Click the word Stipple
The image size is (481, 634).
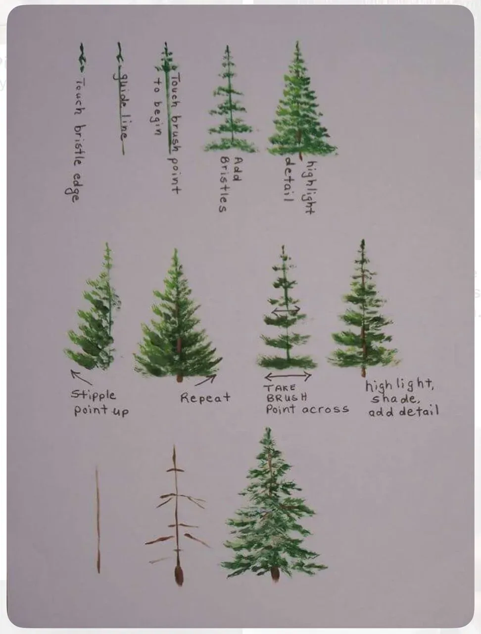point(93,395)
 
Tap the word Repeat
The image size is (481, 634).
point(205,398)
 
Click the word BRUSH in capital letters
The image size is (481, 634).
point(287,398)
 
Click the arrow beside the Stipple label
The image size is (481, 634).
point(81,377)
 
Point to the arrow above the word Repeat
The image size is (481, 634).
point(205,380)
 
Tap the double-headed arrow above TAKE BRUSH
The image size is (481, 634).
point(288,376)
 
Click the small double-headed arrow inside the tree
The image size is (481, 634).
point(286,311)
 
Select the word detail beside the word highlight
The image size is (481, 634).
point(289,179)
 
